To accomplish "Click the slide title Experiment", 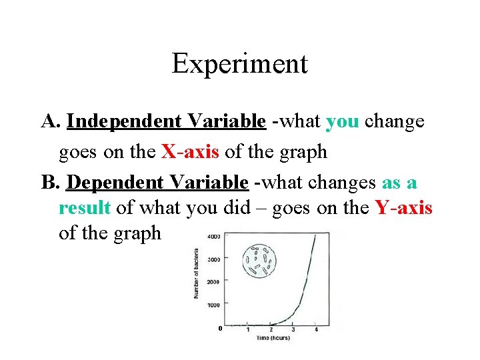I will pyautogui.click(x=239, y=64).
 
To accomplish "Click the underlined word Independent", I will pyautogui.click(x=119, y=121).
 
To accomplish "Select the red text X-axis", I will pyautogui.click(x=191, y=152).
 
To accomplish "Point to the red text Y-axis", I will pyautogui.click(x=403, y=208).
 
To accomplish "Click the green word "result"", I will pyautogui.click(x=85, y=208).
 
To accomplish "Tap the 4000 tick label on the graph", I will pyautogui.click(x=214, y=237).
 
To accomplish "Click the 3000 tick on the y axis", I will pyautogui.click(x=214, y=259).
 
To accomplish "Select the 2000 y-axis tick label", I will pyautogui.click(x=214, y=282).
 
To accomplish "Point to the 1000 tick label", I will pyautogui.click(x=214, y=305).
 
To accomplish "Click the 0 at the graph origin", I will pyautogui.click(x=219, y=328).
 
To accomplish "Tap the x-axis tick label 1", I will pyautogui.click(x=248, y=329).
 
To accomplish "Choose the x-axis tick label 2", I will pyautogui.click(x=271, y=329).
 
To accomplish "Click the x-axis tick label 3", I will pyautogui.click(x=293, y=329).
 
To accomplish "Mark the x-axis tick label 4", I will pyautogui.click(x=316, y=329).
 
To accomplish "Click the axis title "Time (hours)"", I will pyautogui.click(x=273, y=339).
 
